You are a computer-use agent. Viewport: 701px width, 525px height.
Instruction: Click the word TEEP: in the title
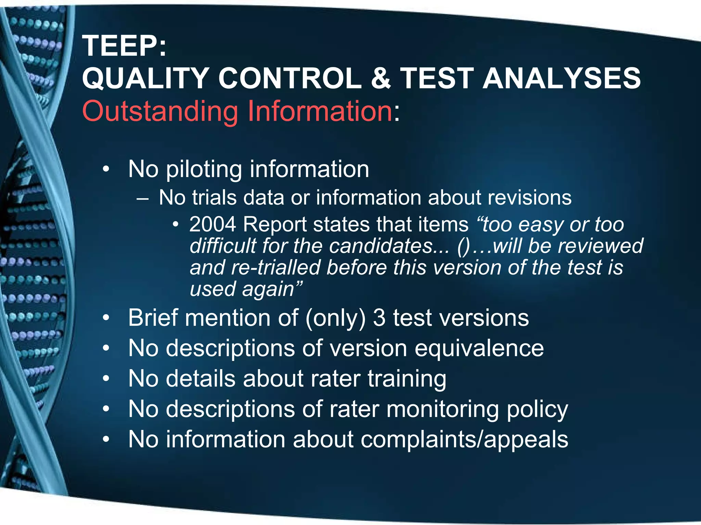pyautogui.click(x=124, y=46)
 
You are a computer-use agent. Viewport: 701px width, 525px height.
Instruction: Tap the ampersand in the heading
pyautogui.click(x=380, y=78)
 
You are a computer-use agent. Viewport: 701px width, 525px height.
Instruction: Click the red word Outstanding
pyautogui.click(x=160, y=111)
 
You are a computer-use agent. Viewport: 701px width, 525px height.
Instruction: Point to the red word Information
pyautogui.click(x=319, y=111)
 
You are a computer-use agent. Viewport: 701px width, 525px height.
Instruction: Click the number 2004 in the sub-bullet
pyautogui.click(x=213, y=225)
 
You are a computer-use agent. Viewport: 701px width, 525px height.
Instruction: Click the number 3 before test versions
pyautogui.click(x=379, y=318)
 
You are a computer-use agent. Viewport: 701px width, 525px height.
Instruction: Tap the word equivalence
pyautogui.click(x=479, y=348)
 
